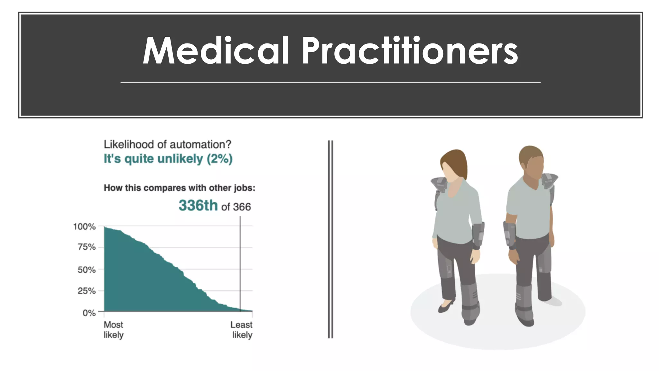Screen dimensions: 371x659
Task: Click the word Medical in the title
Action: click(216, 51)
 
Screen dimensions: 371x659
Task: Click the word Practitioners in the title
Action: click(409, 51)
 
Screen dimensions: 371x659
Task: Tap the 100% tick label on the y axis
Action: click(85, 227)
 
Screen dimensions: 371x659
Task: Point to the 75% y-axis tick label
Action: click(87, 247)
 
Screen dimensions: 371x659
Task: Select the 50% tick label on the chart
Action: click(87, 270)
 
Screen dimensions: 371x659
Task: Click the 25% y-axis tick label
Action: click(87, 291)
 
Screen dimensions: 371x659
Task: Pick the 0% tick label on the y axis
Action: click(89, 313)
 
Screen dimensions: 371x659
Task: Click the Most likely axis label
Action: click(114, 329)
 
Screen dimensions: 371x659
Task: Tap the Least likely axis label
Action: click(242, 329)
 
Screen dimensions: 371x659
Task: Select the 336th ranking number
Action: click(198, 205)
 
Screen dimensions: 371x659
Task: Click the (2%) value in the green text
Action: click(219, 159)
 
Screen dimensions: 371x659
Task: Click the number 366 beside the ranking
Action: click(242, 207)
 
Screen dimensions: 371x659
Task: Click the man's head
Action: click(531, 161)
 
